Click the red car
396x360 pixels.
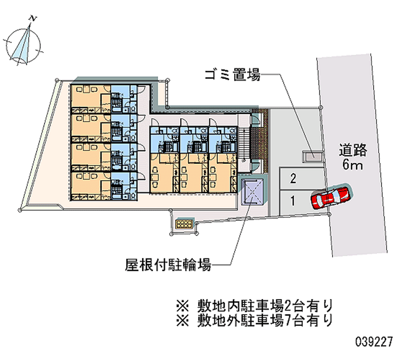pos(331,196)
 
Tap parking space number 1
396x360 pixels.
pos(293,201)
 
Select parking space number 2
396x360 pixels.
pos(293,179)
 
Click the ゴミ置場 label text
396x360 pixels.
pos(232,75)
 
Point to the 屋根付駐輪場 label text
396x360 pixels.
pos(168,265)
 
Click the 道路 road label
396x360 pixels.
pos(353,151)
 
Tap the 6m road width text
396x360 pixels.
pos(352,164)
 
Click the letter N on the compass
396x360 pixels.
pos(33,18)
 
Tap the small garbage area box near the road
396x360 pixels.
pos(313,156)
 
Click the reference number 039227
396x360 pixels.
pos(374,342)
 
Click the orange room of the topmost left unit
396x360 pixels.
pos(91,99)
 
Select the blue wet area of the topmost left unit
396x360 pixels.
pos(124,99)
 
